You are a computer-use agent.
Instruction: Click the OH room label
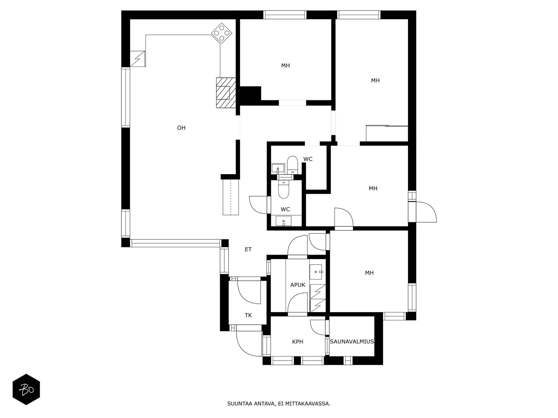[181, 127]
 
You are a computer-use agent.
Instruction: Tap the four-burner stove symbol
[222, 33]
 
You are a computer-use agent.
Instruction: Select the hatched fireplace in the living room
[226, 93]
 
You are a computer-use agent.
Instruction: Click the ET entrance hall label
[248, 249]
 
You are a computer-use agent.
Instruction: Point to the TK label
[248, 315]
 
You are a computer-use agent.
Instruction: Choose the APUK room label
[298, 285]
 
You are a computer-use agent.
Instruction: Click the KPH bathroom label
[297, 342]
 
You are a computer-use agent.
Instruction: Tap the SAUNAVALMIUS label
[352, 342]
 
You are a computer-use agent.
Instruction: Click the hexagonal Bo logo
[26, 389]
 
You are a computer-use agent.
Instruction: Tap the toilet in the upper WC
[292, 164]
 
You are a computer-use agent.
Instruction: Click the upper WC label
[308, 159]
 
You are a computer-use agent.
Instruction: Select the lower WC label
[285, 209]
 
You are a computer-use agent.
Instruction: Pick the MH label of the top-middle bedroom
[285, 65]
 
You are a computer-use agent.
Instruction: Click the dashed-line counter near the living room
[231, 197]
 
